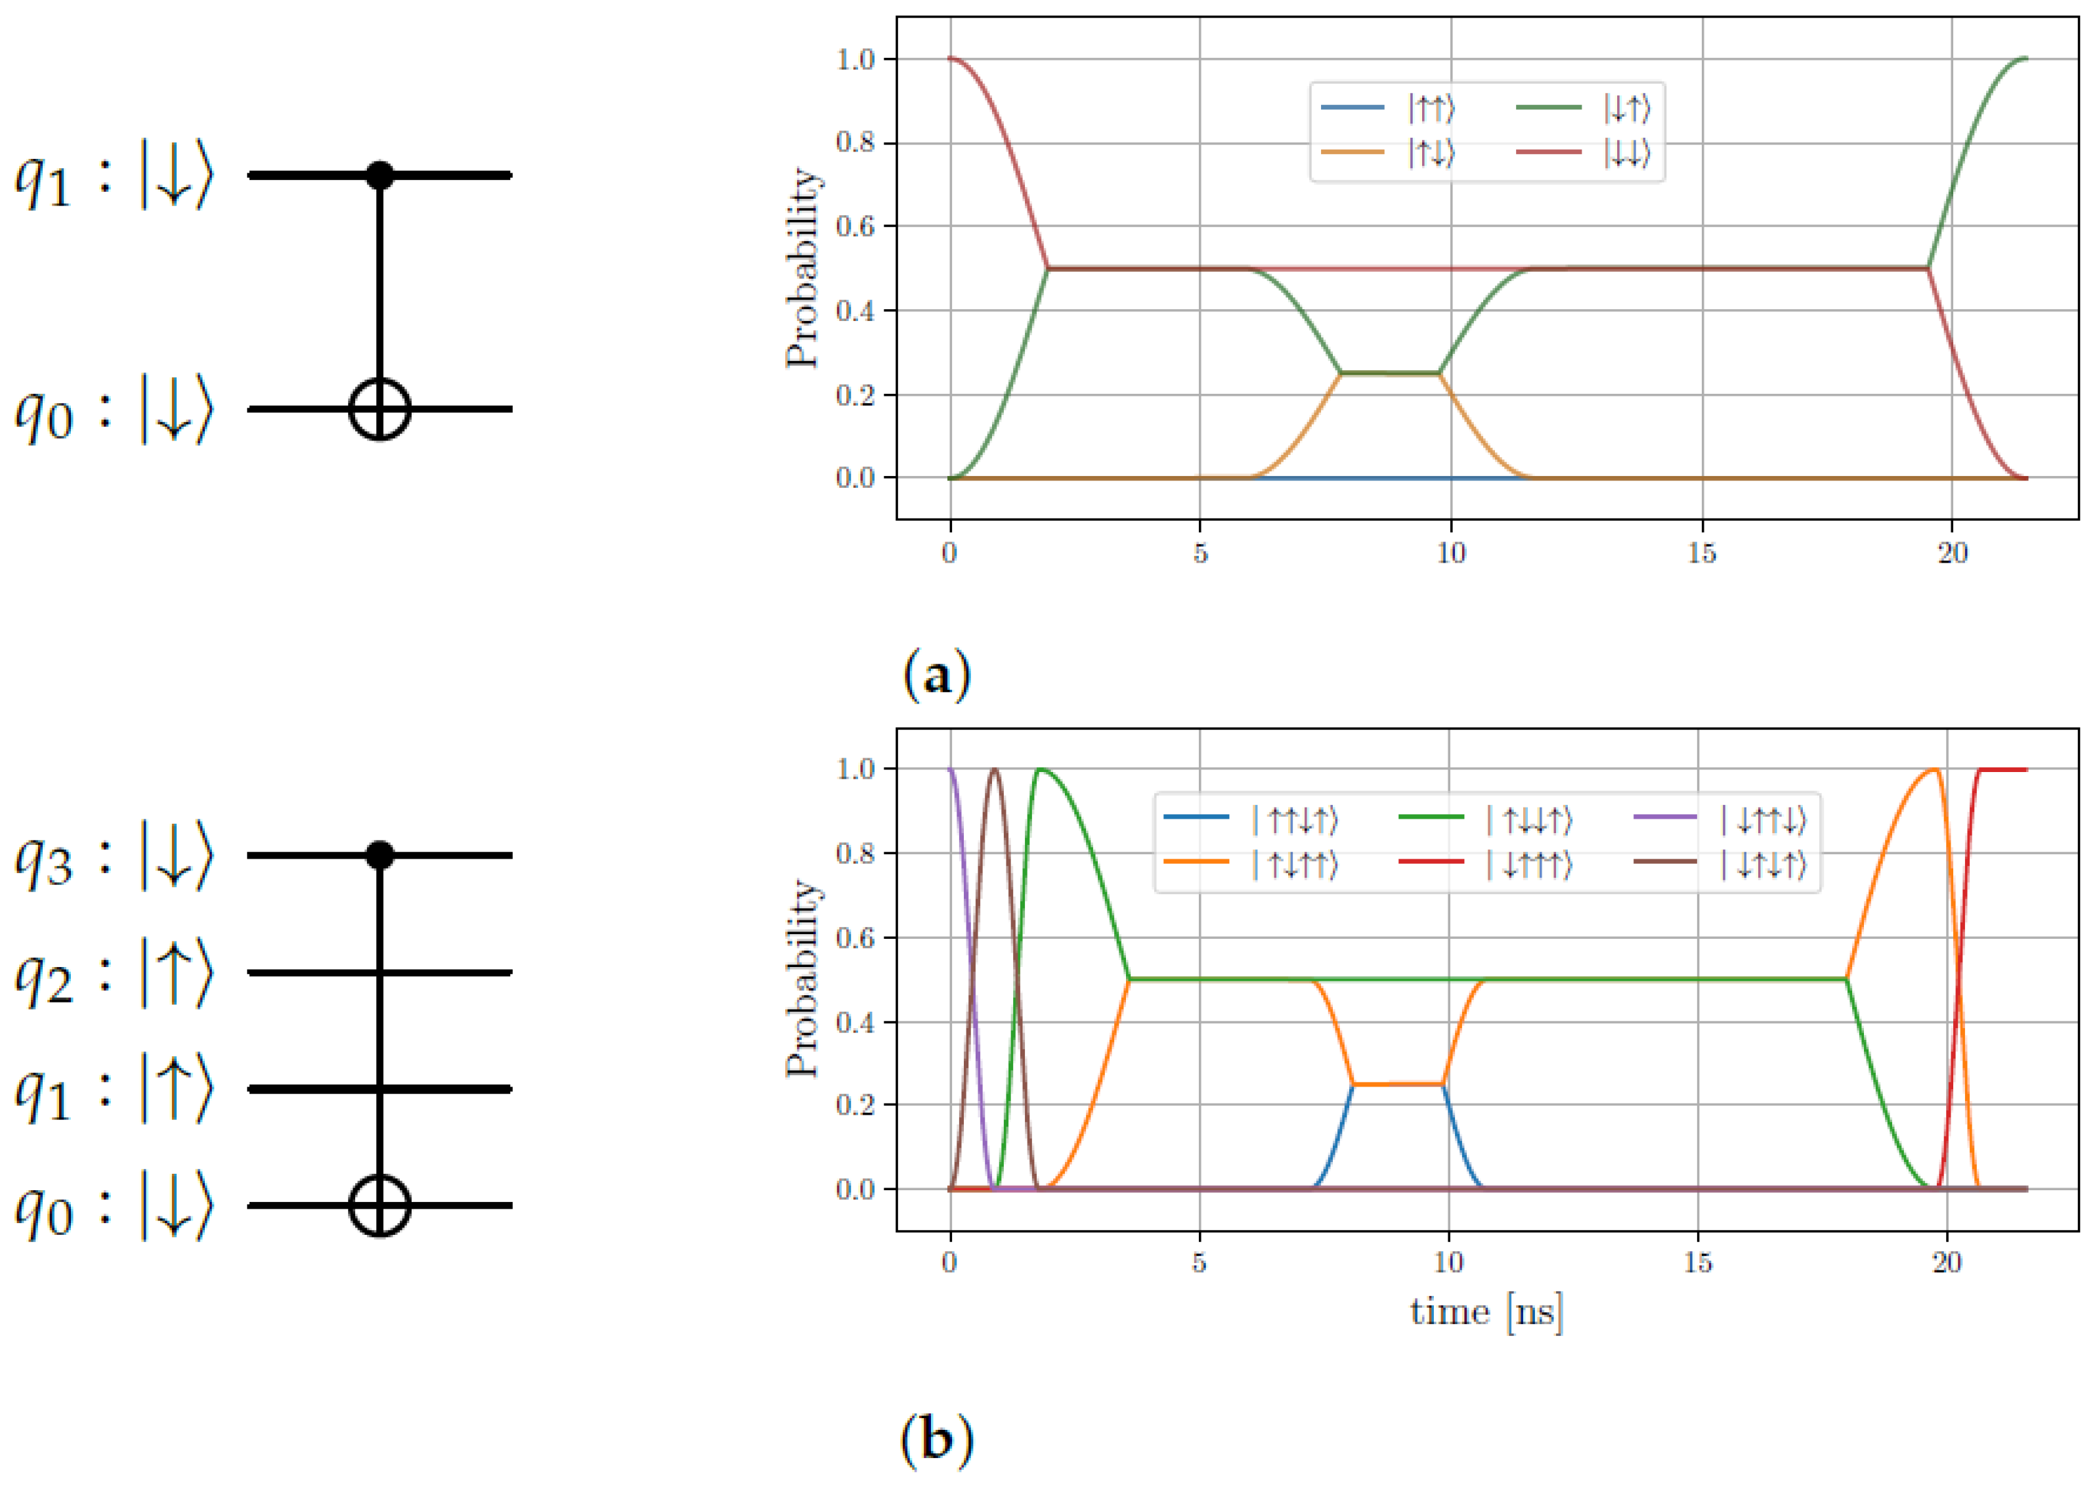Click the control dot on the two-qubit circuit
pyautogui.click(x=379, y=175)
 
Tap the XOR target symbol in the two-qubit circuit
pyautogui.click(x=379, y=409)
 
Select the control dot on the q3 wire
pyautogui.click(x=379, y=855)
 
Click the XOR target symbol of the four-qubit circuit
pyautogui.click(x=379, y=1205)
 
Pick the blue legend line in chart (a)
pyautogui.click(x=1352, y=108)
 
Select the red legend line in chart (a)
pyautogui.click(x=1548, y=152)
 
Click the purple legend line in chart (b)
pyautogui.click(x=1664, y=817)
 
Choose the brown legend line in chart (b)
pyautogui.click(x=1664, y=861)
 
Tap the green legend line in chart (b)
pyautogui.click(x=1431, y=817)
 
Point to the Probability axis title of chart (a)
pyautogui.click(x=802, y=268)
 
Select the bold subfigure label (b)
pyautogui.click(x=936, y=1440)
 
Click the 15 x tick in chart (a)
pyautogui.click(x=1701, y=553)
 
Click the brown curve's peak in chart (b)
pyautogui.click(x=995, y=770)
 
